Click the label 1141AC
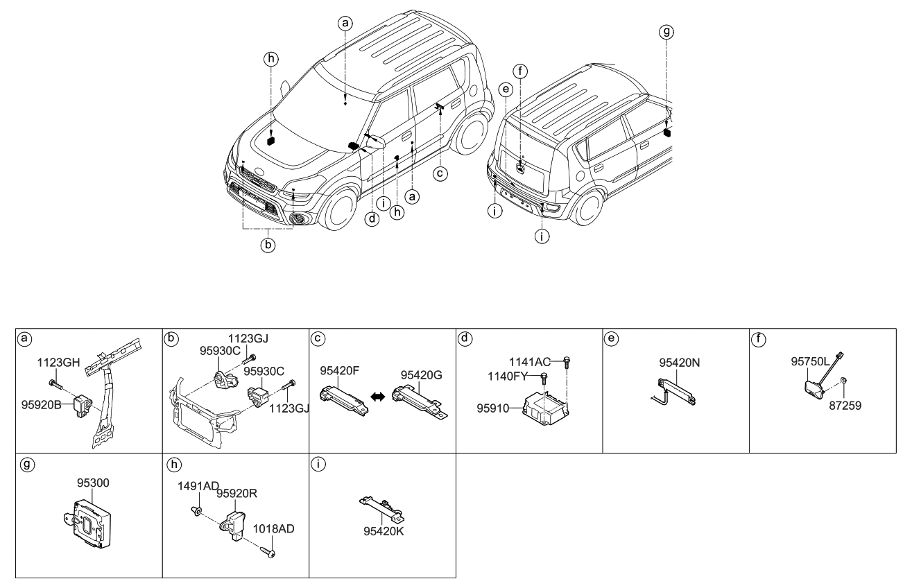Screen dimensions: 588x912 click(x=530, y=361)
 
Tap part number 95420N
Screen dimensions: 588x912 click(x=678, y=363)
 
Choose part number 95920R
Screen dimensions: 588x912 click(x=237, y=494)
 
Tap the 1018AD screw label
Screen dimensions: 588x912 click(x=274, y=528)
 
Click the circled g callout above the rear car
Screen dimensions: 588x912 click(x=667, y=31)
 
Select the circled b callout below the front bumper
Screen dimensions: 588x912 click(x=268, y=244)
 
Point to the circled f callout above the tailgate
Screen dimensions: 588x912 click(x=521, y=69)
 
